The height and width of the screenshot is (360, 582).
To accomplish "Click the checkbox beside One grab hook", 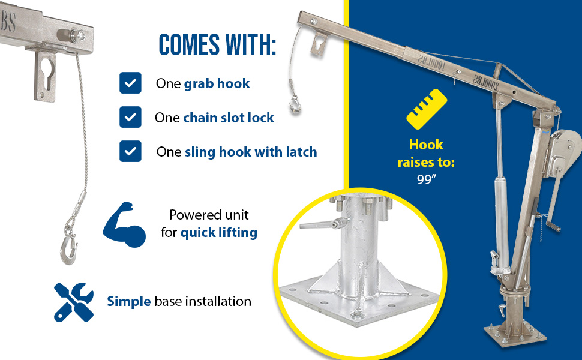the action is pos(130,83).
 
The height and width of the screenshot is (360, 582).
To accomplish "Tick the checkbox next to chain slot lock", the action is pos(130,117).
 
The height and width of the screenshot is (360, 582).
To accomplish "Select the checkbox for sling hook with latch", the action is pos(130,151).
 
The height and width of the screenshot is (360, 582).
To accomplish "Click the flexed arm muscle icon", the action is pos(124,224).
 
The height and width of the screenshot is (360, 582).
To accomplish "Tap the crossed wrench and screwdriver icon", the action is pos(73,302).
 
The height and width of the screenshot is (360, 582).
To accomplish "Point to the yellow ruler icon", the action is pos(427,109).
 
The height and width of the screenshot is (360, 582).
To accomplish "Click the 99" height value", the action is pos(426,179).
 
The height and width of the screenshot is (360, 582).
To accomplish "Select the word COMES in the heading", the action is pos(189,45).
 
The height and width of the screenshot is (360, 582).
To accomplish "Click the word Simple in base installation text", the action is pos(129,301).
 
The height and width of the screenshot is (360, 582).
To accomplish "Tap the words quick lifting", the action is pos(218,233).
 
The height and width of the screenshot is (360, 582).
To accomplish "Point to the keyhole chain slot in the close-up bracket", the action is pos(47,73).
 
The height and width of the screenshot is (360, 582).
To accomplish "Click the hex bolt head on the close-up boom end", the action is pos(79,36).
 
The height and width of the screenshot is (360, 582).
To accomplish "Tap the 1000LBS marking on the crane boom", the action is pos(431,63).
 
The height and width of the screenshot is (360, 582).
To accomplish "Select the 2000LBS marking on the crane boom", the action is pos(485,82).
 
